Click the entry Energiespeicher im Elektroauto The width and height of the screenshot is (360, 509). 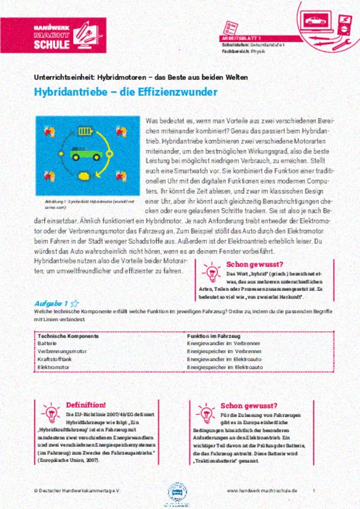coord(226,365)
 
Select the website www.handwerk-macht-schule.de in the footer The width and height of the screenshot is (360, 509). coord(262,490)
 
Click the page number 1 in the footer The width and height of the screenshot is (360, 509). coord(314,490)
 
